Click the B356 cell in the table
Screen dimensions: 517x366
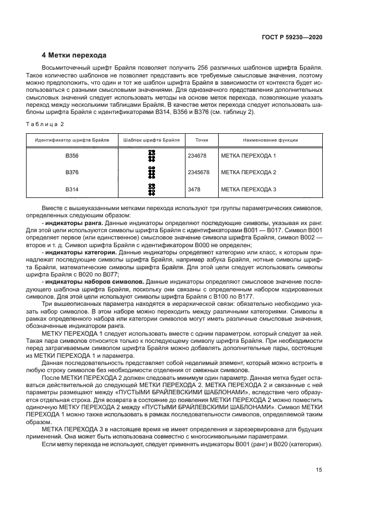pos(72,156)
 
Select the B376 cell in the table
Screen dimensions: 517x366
pos(72,173)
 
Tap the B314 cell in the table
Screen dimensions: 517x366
pos(72,190)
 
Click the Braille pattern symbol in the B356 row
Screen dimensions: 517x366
pos(151,156)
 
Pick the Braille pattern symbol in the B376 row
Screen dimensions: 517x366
pos(151,173)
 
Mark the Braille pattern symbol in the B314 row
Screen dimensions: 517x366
pos(151,190)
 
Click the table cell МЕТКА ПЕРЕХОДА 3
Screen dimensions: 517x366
pos(248,190)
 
